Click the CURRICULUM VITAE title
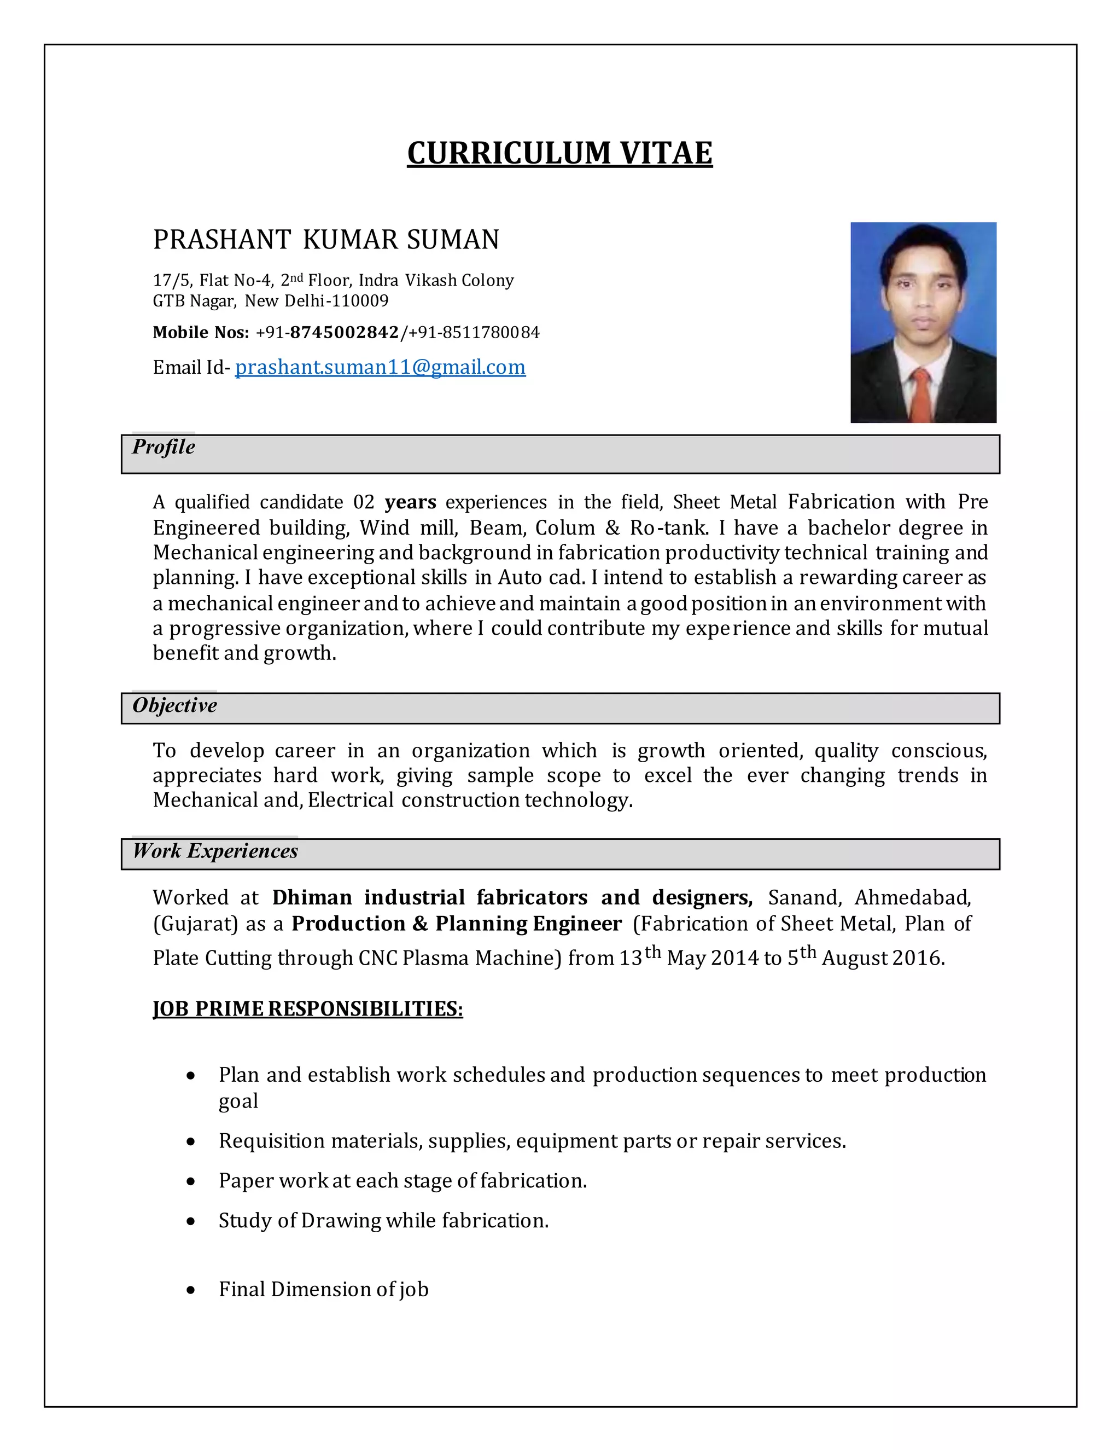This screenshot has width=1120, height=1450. pos(559,153)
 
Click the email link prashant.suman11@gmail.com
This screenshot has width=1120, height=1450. pos(380,367)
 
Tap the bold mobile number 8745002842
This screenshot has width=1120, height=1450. pos(345,333)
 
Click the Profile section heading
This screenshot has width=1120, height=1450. pos(163,447)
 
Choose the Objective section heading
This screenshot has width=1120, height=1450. pos(174,705)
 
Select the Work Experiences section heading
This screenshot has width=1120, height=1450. pos(215,851)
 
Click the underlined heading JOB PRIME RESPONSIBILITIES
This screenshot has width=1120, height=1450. pos(308,1009)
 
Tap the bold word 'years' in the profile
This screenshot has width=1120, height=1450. pos(410,502)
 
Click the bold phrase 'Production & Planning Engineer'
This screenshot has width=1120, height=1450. pos(457,924)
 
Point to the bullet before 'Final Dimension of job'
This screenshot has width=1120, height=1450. pos(191,1291)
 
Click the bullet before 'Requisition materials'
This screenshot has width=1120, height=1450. pos(191,1142)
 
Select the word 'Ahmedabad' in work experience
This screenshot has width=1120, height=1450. pos(912,897)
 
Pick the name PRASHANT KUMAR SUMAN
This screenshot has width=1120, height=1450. pos(326,240)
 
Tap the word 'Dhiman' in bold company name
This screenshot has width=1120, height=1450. pos(312,897)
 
